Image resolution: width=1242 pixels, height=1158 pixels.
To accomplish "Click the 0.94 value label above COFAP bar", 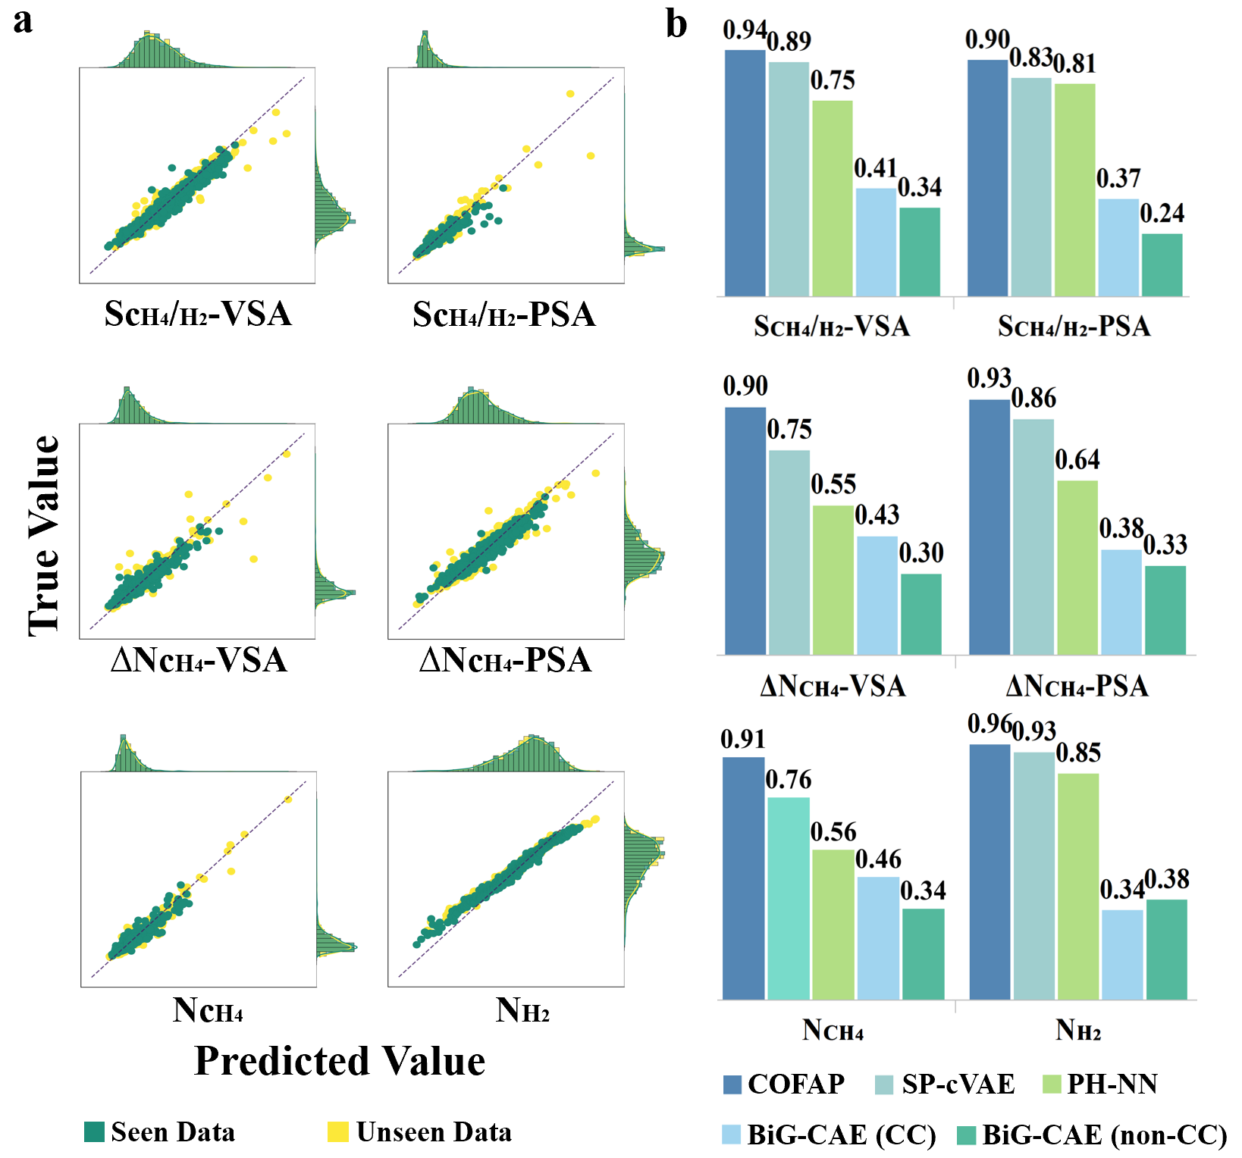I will [x=744, y=30].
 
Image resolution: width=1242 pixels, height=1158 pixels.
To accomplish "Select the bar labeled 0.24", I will [x=1162, y=264].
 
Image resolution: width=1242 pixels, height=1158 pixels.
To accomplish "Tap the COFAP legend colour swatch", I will [x=732, y=1084].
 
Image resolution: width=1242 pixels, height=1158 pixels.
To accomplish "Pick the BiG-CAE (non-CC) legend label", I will [x=1104, y=1135].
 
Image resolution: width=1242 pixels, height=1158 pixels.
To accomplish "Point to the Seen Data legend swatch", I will [x=94, y=1131].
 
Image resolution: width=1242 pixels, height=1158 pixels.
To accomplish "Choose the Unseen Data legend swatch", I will [x=338, y=1131].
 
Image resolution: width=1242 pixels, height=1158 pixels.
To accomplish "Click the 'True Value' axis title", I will [x=44, y=535].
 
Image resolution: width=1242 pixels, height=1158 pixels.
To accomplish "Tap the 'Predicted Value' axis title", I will [x=340, y=1060].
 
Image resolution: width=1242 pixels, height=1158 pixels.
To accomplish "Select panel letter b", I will [x=676, y=23].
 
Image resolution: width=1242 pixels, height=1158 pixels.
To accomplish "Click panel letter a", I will [x=23, y=20].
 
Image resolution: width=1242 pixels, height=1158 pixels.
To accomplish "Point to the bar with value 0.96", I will [x=990, y=872].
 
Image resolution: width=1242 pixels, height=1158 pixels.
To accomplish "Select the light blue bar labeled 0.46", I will [x=878, y=938].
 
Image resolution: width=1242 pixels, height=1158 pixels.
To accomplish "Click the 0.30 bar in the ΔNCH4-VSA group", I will [x=921, y=614].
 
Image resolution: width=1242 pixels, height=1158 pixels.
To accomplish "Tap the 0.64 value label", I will [x=1077, y=459].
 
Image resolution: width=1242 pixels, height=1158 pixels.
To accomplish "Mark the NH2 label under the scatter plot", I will [x=522, y=1010].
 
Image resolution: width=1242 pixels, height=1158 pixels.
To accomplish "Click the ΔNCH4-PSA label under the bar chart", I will [x=1077, y=686].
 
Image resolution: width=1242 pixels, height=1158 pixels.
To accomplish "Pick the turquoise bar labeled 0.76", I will [x=789, y=898].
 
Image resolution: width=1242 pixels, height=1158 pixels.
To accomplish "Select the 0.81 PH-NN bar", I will [x=1074, y=189].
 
